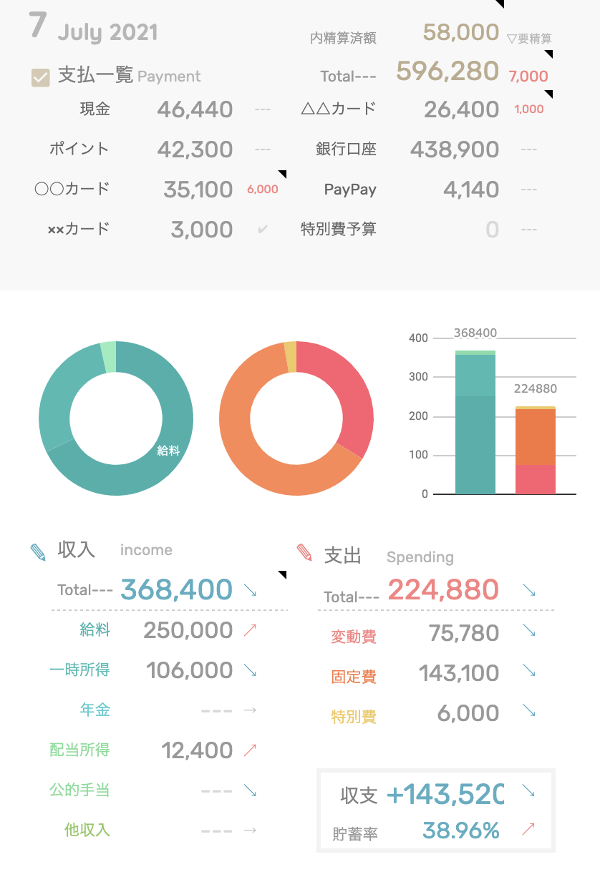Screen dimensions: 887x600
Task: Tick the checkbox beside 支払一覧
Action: coord(41,77)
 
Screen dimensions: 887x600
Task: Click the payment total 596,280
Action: coord(447,71)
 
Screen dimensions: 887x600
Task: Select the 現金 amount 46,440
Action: coord(195,109)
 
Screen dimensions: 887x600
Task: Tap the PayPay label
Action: coord(350,190)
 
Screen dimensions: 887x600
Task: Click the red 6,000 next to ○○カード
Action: coord(262,190)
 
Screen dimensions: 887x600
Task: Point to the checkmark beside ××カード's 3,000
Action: coord(263,230)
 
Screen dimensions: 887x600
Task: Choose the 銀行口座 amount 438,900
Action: coord(455,150)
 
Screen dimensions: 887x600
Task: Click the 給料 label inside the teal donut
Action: coord(168,451)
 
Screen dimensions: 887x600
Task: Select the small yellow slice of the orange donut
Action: coord(290,357)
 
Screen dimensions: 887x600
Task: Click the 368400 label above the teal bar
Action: coord(475,333)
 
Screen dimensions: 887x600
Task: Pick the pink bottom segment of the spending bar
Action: coord(536,479)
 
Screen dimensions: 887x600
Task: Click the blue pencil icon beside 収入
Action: coord(38,552)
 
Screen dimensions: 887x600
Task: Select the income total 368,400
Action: coord(176,590)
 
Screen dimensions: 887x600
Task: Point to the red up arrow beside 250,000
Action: coord(250,630)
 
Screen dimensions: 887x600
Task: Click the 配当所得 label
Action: coord(79,750)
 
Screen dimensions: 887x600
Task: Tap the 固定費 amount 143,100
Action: coord(459,673)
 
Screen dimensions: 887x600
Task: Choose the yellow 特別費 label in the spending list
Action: coord(354,716)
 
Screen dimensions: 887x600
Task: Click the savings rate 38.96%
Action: coord(460,830)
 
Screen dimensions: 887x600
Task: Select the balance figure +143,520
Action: coord(445,794)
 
